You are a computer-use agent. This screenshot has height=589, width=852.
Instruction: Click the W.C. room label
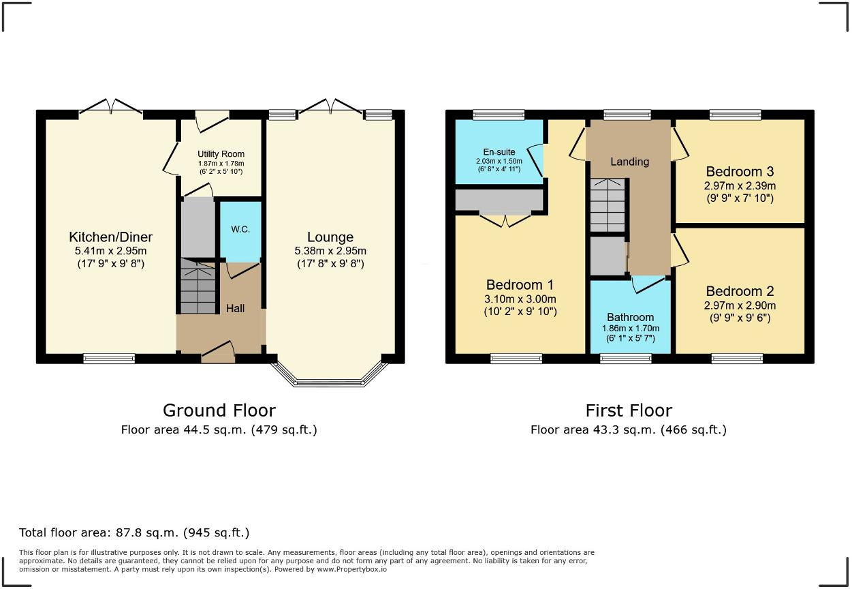click(x=240, y=229)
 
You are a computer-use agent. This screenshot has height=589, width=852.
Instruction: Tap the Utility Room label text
click(x=221, y=154)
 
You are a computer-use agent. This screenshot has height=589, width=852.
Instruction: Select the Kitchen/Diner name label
click(x=110, y=237)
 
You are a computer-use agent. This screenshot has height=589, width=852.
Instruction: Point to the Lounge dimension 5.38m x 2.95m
click(x=330, y=251)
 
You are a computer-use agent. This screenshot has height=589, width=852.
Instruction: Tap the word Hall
click(x=235, y=309)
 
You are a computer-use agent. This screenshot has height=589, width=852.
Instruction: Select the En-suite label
click(x=499, y=152)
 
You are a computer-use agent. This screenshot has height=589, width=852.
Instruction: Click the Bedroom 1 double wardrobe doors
click(x=505, y=220)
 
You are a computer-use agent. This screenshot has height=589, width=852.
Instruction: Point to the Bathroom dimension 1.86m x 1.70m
click(x=630, y=328)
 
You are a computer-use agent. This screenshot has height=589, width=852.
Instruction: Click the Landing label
click(x=629, y=162)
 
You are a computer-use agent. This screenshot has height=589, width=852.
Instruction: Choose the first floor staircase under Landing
click(x=608, y=205)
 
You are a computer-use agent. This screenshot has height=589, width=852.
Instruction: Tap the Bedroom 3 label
click(x=740, y=172)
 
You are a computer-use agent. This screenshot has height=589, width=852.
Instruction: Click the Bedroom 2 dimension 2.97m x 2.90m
click(x=740, y=305)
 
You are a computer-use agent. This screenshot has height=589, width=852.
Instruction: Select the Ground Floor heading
click(x=219, y=410)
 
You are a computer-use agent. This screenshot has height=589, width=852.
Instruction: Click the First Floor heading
click(x=628, y=410)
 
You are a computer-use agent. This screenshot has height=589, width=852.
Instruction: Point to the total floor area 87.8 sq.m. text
click(x=134, y=532)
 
